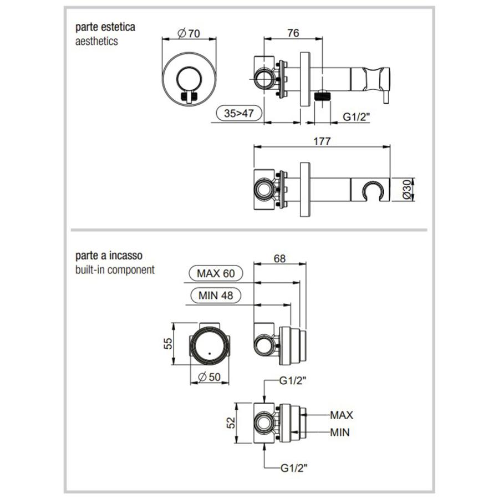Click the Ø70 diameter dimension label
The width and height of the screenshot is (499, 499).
189,33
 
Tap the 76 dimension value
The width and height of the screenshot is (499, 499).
293,33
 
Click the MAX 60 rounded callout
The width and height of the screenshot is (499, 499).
212,273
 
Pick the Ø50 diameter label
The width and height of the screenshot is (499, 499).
209,376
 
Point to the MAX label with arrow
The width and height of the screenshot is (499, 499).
342,414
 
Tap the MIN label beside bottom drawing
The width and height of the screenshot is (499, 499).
339,432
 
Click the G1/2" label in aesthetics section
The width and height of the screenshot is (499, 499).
355,116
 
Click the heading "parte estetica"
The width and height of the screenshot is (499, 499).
106,27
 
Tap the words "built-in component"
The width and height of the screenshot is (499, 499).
115,270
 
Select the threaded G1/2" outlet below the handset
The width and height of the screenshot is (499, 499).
321,95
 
